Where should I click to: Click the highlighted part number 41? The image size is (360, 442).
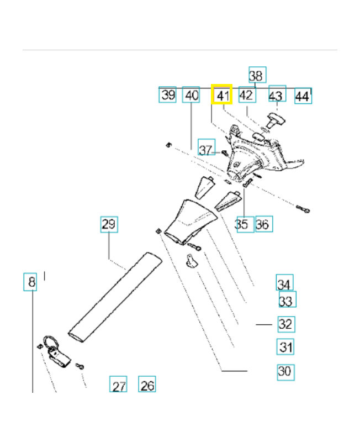click(x=223, y=95)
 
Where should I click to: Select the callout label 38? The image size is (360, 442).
click(x=257, y=75)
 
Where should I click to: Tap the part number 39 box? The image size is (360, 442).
click(x=168, y=95)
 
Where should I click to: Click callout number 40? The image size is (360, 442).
click(x=191, y=95)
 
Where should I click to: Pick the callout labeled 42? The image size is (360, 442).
click(x=246, y=95)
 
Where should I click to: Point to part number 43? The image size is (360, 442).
click(x=277, y=95)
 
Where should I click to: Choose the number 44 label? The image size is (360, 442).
click(x=302, y=96)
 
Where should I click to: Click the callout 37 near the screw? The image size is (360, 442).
click(x=206, y=150)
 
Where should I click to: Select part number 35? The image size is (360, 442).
click(x=241, y=224)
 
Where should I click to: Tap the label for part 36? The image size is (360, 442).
click(x=263, y=224)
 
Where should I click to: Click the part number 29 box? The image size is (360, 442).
click(x=109, y=224)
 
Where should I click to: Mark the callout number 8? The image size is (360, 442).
click(x=31, y=283)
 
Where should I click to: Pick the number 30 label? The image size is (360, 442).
click(x=285, y=371)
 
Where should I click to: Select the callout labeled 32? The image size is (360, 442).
click(x=285, y=323)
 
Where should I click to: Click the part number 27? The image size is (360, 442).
click(x=119, y=385)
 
